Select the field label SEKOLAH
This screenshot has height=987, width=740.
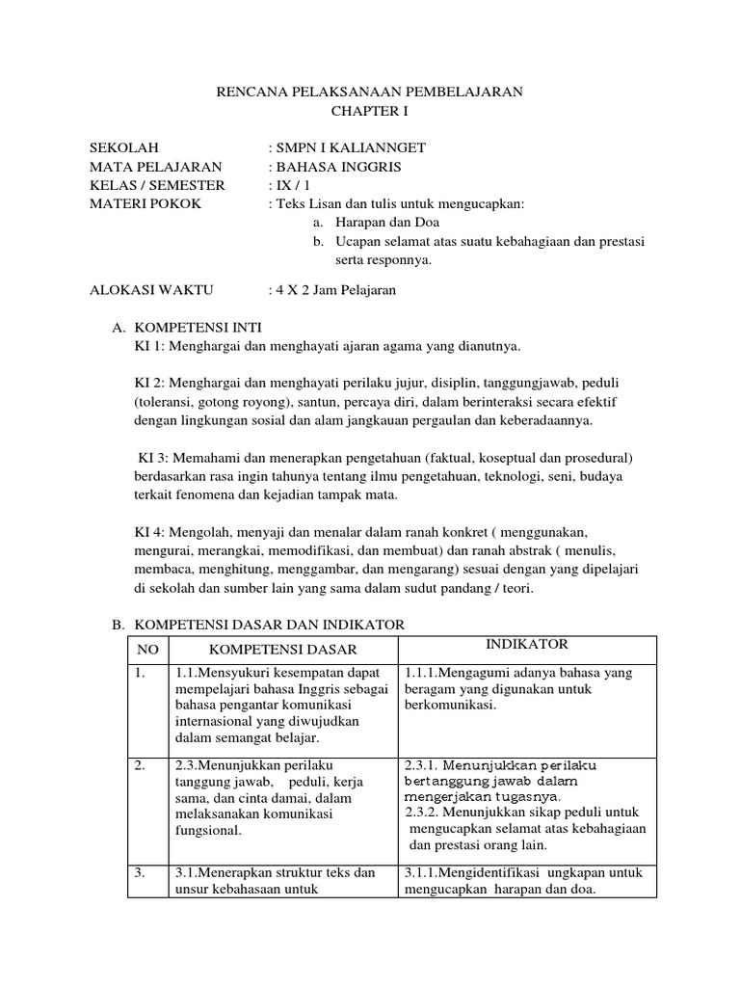pyautogui.click(x=122, y=147)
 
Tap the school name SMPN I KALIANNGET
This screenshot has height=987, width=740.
pyautogui.click(x=349, y=147)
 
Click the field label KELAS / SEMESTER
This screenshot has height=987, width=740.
pyautogui.click(x=157, y=185)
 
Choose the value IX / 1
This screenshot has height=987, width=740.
pyautogui.click(x=294, y=185)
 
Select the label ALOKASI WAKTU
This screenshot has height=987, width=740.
pyautogui.click(x=152, y=289)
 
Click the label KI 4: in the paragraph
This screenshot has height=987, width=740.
pyautogui.click(x=152, y=531)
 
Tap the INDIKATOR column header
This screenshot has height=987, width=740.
pyautogui.click(x=528, y=644)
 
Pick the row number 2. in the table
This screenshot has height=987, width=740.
pyautogui.click(x=141, y=764)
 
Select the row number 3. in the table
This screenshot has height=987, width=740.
pyautogui.click(x=141, y=873)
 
